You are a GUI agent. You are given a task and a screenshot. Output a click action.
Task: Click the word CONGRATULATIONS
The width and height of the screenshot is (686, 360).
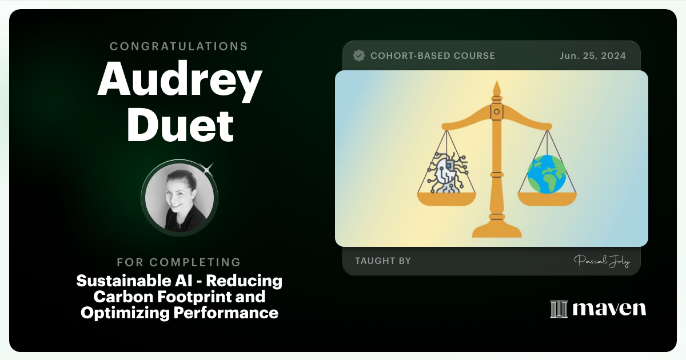(x=179, y=46)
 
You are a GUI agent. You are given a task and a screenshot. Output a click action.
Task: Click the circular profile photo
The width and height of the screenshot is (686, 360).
(x=179, y=198)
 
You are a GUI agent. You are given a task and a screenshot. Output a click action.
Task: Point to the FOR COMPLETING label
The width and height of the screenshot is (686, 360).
(x=179, y=262)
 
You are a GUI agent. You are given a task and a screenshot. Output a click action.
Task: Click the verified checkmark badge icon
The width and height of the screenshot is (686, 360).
(x=359, y=55)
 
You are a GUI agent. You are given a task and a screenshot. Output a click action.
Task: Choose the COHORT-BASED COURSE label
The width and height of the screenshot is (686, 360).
(x=432, y=55)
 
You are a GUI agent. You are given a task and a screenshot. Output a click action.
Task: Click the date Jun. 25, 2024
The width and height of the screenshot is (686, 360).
(x=592, y=55)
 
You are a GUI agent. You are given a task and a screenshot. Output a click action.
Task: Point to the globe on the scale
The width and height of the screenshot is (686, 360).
(x=547, y=175)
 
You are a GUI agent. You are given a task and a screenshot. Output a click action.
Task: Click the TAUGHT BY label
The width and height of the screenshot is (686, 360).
(x=382, y=261)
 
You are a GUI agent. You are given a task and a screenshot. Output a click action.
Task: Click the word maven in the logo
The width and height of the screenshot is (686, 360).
(x=609, y=309)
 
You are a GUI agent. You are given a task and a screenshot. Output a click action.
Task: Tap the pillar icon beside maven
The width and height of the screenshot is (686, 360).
(x=558, y=309)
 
